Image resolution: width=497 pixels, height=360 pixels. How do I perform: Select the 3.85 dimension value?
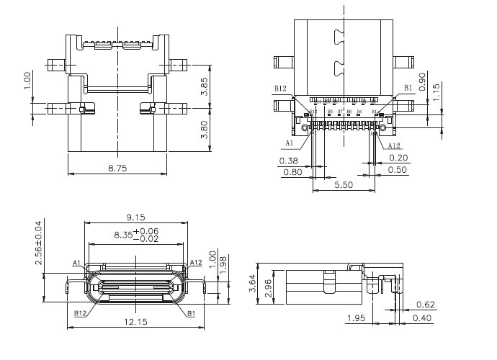(204, 86)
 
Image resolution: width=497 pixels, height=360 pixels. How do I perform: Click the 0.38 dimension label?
(289, 160)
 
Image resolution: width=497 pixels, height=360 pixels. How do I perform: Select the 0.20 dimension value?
(398, 158)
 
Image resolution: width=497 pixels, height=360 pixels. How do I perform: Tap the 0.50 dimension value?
(398, 170)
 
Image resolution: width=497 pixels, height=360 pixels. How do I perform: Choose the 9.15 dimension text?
(136, 217)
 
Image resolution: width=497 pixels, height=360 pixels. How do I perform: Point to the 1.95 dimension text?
(355, 318)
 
